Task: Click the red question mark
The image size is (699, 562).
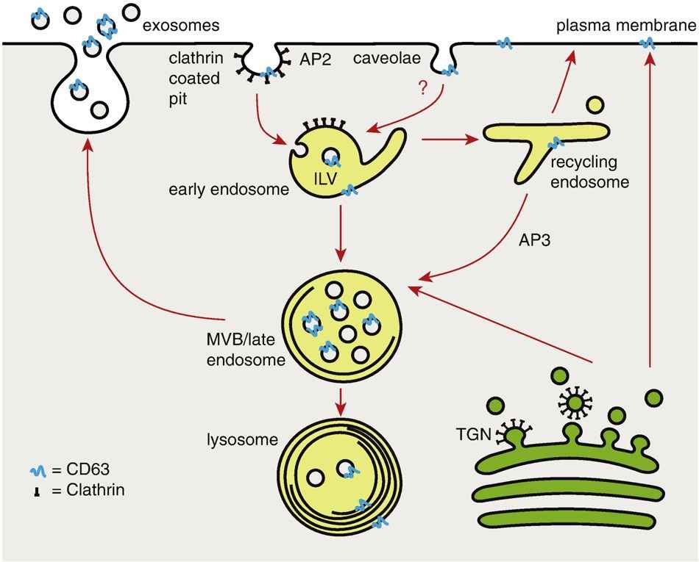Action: coord(422,89)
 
